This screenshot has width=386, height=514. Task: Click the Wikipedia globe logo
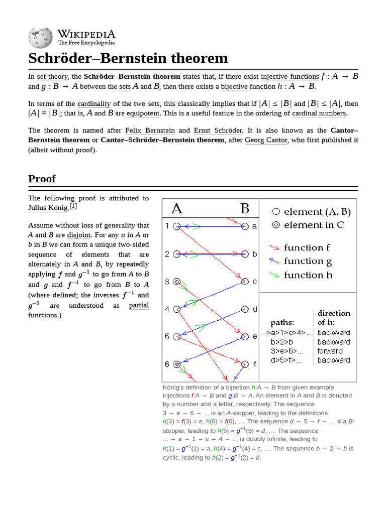tap(40, 36)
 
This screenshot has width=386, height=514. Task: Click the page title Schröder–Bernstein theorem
tap(128, 58)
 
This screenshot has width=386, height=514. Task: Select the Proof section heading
tap(42, 179)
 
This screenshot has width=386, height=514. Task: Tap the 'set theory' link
tap(52, 77)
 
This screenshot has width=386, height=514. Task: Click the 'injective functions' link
tap(289, 77)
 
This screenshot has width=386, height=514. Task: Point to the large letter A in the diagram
tap(177, 208)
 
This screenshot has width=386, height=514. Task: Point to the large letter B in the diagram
tap(245, 208)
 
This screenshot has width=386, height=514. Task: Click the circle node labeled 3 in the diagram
tap(177, 282)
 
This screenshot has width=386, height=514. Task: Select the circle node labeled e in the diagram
tap(245, 336)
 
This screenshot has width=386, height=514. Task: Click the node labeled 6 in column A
tap(177, 364)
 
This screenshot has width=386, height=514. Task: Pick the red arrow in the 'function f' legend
tap(274, 247)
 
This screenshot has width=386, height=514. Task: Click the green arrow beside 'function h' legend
tap(274, 275)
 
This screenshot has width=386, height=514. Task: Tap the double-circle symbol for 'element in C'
tap(275, 225)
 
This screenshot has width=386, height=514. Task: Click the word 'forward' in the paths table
tap(330, 351)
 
